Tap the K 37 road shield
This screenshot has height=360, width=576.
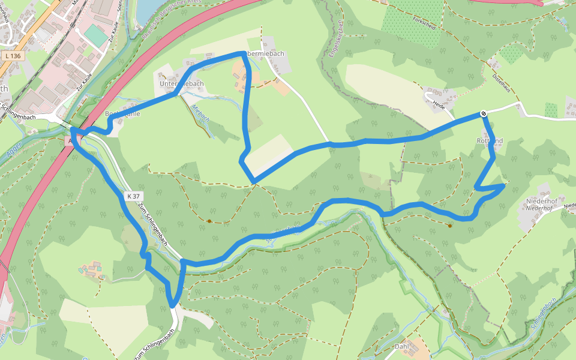[133, 196]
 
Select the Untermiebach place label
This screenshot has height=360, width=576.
[182, 84]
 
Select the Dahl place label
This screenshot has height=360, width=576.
[401, 347]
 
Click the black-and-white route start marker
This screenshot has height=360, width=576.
[483, 113]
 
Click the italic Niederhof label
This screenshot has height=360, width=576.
[539, 208]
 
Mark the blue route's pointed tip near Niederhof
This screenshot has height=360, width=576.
[503, 186]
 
